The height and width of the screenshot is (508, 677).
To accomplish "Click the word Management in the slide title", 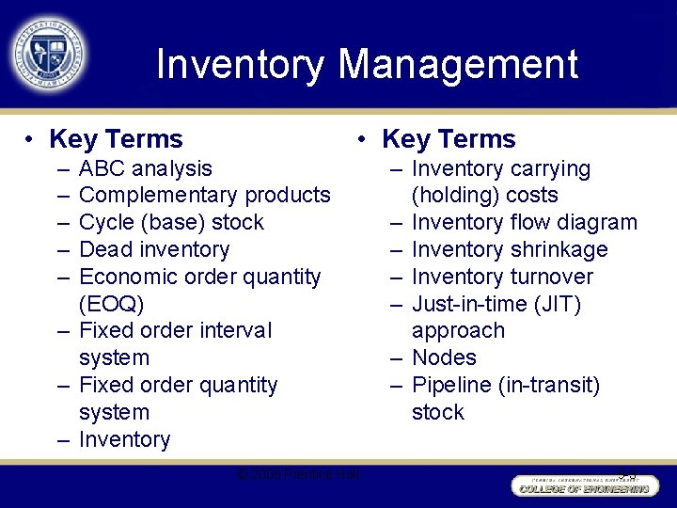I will (x=458, y=65).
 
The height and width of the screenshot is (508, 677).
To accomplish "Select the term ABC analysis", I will (x=146, y=169).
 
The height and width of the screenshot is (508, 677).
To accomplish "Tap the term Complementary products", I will (x=205, y=196).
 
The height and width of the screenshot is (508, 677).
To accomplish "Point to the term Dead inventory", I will (x=154, y=250).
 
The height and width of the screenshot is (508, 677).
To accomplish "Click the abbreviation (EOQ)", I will (x=112, y=304).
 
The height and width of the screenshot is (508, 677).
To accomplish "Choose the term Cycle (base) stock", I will (x=171, y=223).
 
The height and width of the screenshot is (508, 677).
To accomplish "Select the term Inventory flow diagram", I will (x=524, y=223).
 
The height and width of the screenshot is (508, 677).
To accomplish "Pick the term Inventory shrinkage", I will (x=510, y=250).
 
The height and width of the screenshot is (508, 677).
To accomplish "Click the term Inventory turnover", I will (x=502, y=278).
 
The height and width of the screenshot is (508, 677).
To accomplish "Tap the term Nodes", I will (x=444, y=358).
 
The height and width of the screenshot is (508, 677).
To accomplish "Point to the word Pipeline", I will (x=452, y=386).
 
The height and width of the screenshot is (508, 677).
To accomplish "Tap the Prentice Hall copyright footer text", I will (x=300, y=473).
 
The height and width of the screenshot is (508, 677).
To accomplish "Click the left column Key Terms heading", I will (x=116, y=140).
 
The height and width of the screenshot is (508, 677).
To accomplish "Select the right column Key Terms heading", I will (x=449, y=140).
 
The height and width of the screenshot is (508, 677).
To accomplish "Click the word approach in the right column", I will (x=458, y=331).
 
